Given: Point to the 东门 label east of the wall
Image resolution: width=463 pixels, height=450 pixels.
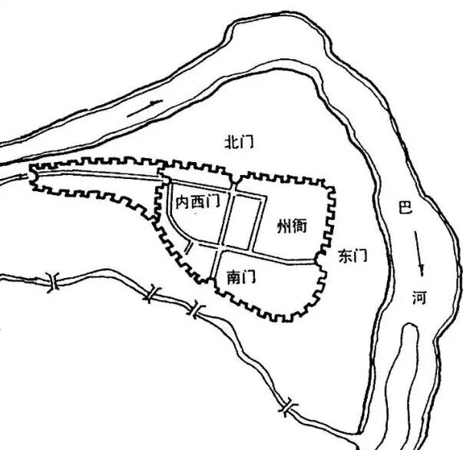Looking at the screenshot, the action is point(353,257).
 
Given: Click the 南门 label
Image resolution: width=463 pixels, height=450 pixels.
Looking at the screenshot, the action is point(241,274).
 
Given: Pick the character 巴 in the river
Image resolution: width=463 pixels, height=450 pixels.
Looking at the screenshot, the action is point(406,207).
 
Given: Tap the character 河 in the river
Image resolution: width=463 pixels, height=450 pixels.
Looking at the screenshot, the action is point(418,297).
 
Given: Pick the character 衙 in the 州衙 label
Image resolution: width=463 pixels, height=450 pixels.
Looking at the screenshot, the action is point(301,226).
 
